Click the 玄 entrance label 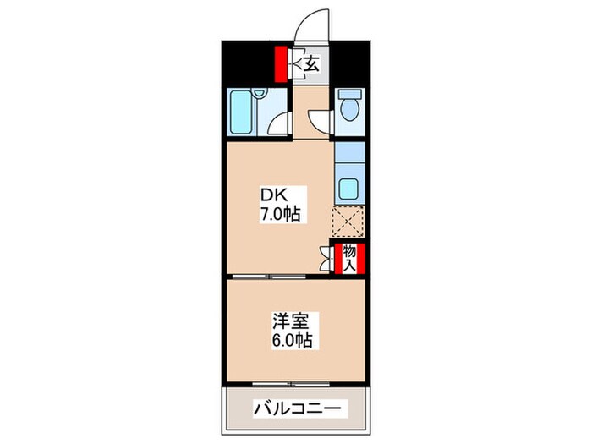(x=311, y=63)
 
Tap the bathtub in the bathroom (x=242, y=112)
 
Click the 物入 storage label (x=348, y=257)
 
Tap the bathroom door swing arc (x=278, y=127)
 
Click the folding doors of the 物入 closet (x=327, y=257)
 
